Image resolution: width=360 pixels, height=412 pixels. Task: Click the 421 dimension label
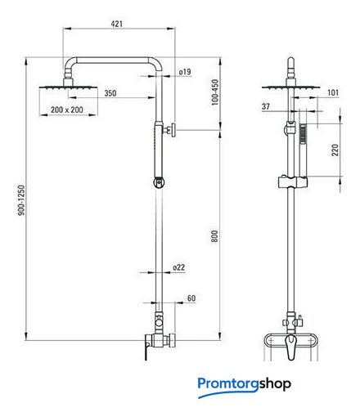pyautogui.click(x=117, y=24)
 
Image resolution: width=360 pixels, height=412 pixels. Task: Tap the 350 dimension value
pyautogui.click(x=110, y=93)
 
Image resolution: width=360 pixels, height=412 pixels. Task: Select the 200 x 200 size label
pyautogui.click(x=67, y=110)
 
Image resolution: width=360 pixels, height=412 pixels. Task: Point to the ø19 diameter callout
pyautogui.click(x=185, y=72)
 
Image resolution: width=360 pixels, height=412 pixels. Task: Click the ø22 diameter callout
pyautogui.click(x=179, y=267)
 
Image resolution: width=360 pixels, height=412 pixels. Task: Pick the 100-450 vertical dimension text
pyautogui.click(x=215, y=92)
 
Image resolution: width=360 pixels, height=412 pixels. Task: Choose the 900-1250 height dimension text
pyautogui.click(x=21, y=200)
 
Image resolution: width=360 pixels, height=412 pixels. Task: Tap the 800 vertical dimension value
pyautogui.click(x=214, y=236)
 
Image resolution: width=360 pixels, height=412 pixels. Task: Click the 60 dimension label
pyautogui.click(x=191, y=298)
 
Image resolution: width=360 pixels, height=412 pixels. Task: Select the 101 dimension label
pyautogui.click(x=333, y=92)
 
